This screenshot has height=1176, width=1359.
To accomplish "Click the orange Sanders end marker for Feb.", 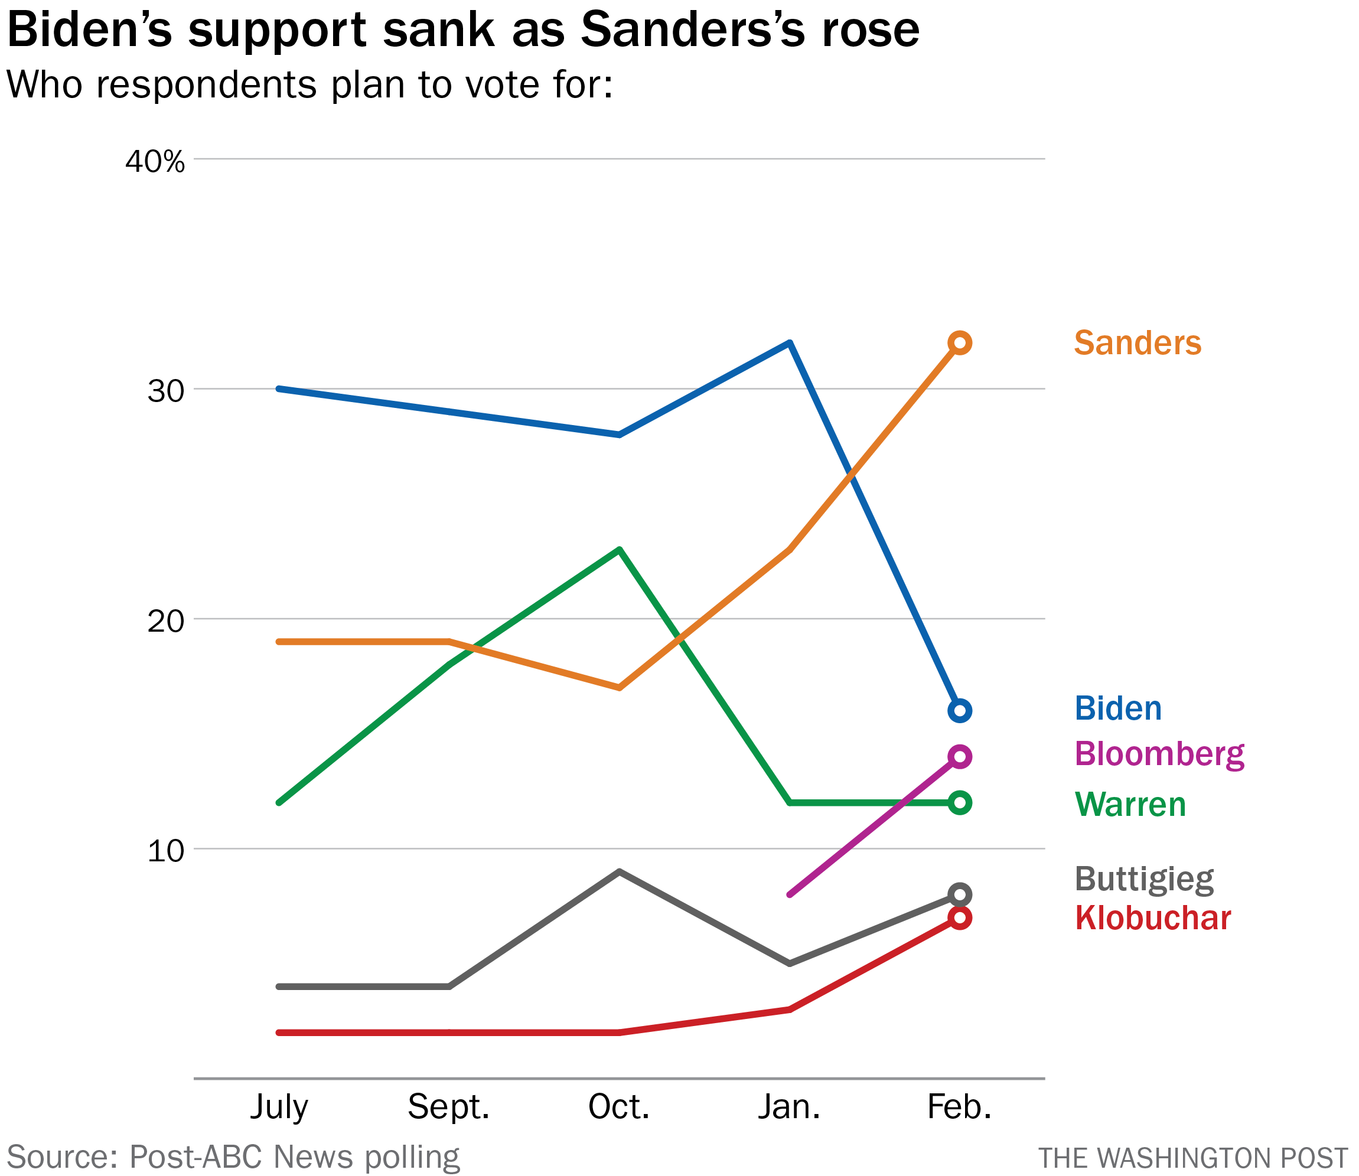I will (x=959, y=342).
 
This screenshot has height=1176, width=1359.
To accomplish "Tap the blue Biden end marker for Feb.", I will (x=959, y=711).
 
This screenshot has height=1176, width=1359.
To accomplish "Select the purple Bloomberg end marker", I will (x=959, y=757).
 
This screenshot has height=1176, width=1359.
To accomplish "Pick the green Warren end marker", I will (x=959, y=802).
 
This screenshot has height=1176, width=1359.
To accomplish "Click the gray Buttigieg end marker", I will (x=959, y=894).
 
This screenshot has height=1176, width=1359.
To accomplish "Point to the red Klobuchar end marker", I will (x=959, y=918).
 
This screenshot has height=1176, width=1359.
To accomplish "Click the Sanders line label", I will (x=1137, y=343).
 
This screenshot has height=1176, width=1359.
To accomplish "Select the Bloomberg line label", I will (x=1159, y=754).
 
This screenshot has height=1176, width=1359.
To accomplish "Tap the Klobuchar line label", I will (x=1153, y=918).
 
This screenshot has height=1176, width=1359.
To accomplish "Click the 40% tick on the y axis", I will (x=155, y=161).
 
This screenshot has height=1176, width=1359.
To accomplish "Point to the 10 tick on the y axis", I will (x=165, y=851).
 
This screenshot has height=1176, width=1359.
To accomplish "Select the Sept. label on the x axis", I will (x=448, y=1107).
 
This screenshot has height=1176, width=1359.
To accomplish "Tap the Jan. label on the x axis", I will (x=789, y=1107).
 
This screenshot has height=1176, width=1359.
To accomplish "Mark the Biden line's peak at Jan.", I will (x=789, y=343).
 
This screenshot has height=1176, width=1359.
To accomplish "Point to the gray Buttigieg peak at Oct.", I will (x=619, y=872).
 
